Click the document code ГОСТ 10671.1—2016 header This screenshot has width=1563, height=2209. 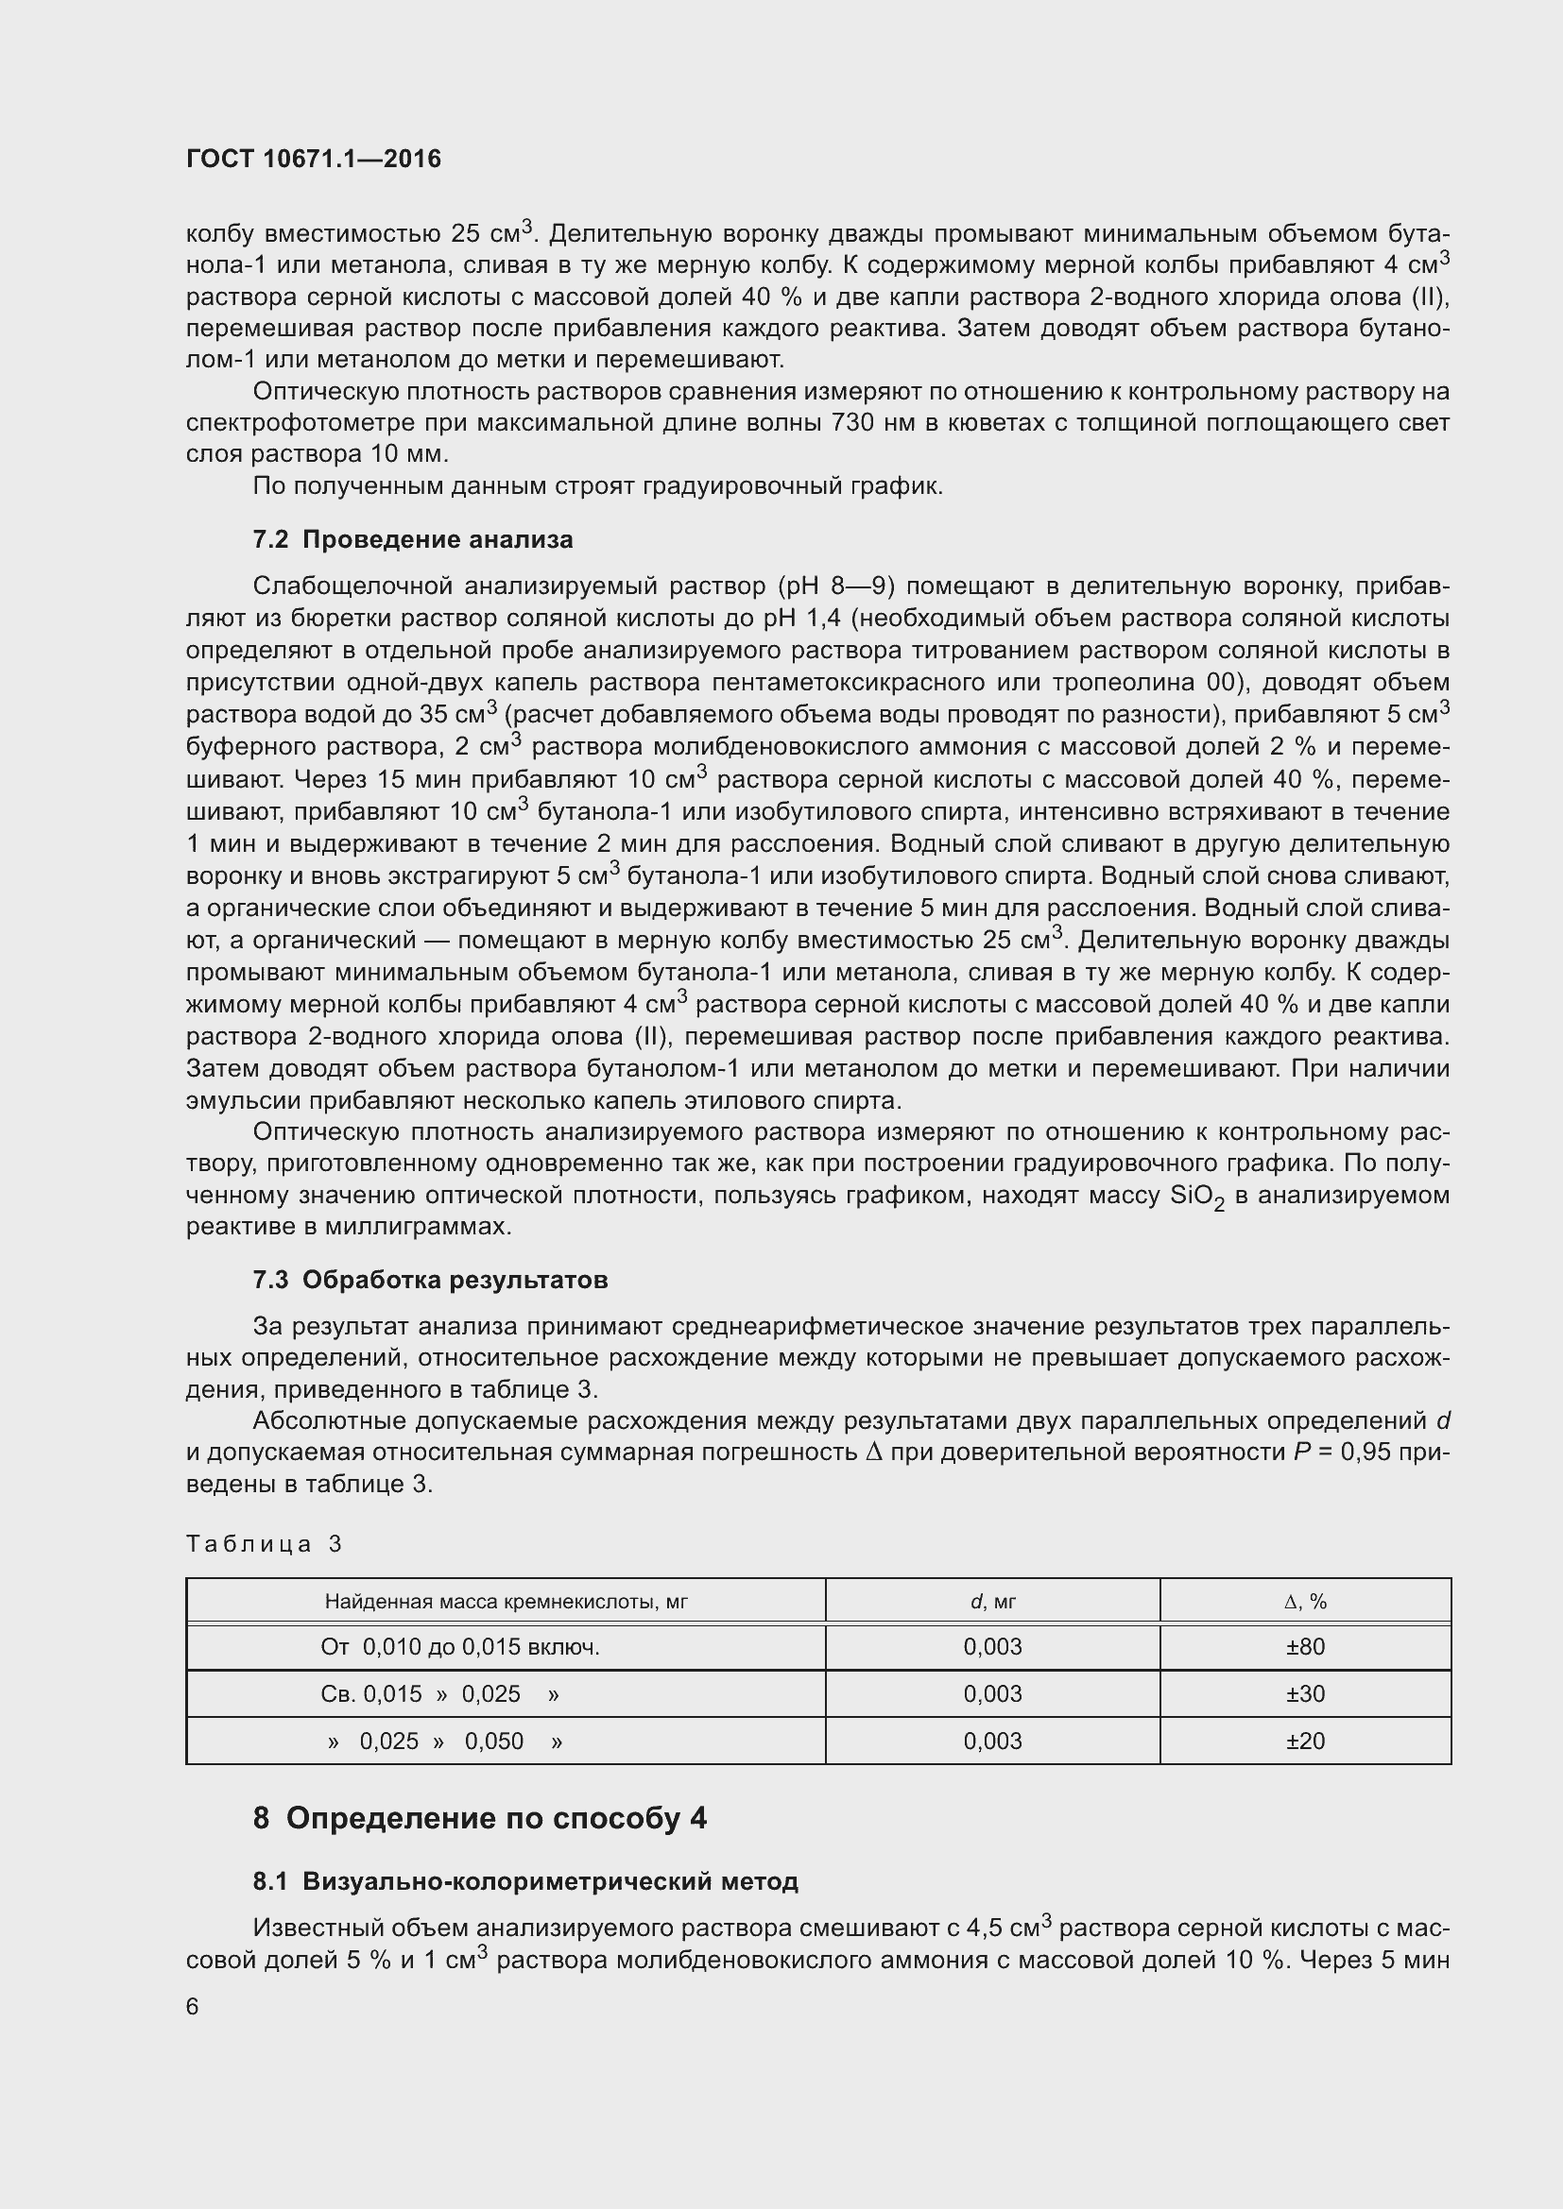click(313, 159)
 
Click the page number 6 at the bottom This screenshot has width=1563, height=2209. click(193, 2006)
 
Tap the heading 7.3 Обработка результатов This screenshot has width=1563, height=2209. click(429, 1280)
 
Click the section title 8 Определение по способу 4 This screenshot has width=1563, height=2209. click(479, 1817)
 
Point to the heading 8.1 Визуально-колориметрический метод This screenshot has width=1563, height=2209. click(524, 1881)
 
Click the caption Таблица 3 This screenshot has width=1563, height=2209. click(264, 1544)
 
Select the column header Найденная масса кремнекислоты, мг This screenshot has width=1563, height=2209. click(506, 1601)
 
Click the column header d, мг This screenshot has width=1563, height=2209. click(992, 1601)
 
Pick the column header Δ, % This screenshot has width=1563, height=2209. click(1305, 1601)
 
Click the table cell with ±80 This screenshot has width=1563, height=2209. click(1305, 1646)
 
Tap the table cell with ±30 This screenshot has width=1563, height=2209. click(1305, 1693)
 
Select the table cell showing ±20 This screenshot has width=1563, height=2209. click(1305, 1741)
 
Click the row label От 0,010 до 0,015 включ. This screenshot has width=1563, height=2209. click(460, 1646)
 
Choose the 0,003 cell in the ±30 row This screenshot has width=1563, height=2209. click(992, 1693)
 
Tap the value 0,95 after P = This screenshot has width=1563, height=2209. click(1365, 1452)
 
